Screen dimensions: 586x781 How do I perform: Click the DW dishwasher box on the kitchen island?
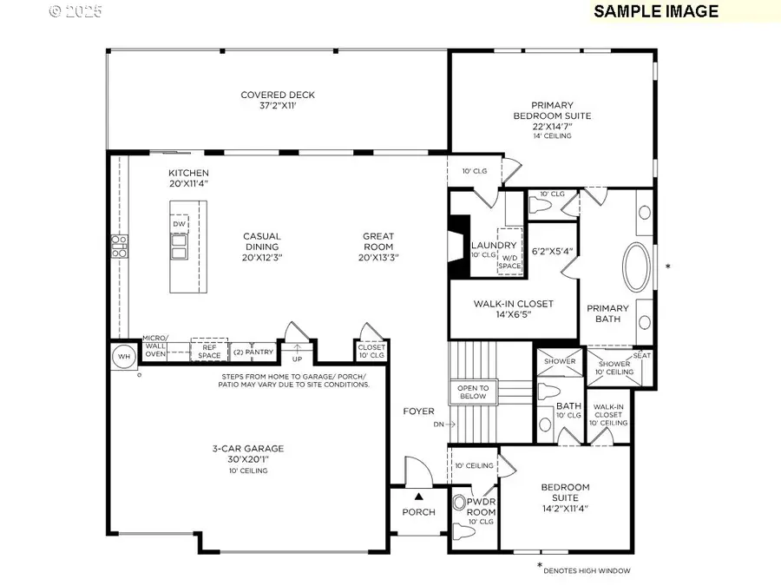click(180, 225)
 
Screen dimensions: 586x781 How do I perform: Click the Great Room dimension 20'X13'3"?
click(378, 258)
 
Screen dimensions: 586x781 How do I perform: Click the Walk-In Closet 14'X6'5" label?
click(513, 310)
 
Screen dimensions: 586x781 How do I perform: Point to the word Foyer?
click(418, 411)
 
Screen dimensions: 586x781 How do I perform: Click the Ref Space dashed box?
click(209, 352)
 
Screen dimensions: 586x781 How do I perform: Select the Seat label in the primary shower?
click(642, 355)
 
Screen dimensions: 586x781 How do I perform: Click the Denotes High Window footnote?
click(586, 570)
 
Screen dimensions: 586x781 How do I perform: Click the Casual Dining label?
click(261, 247)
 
